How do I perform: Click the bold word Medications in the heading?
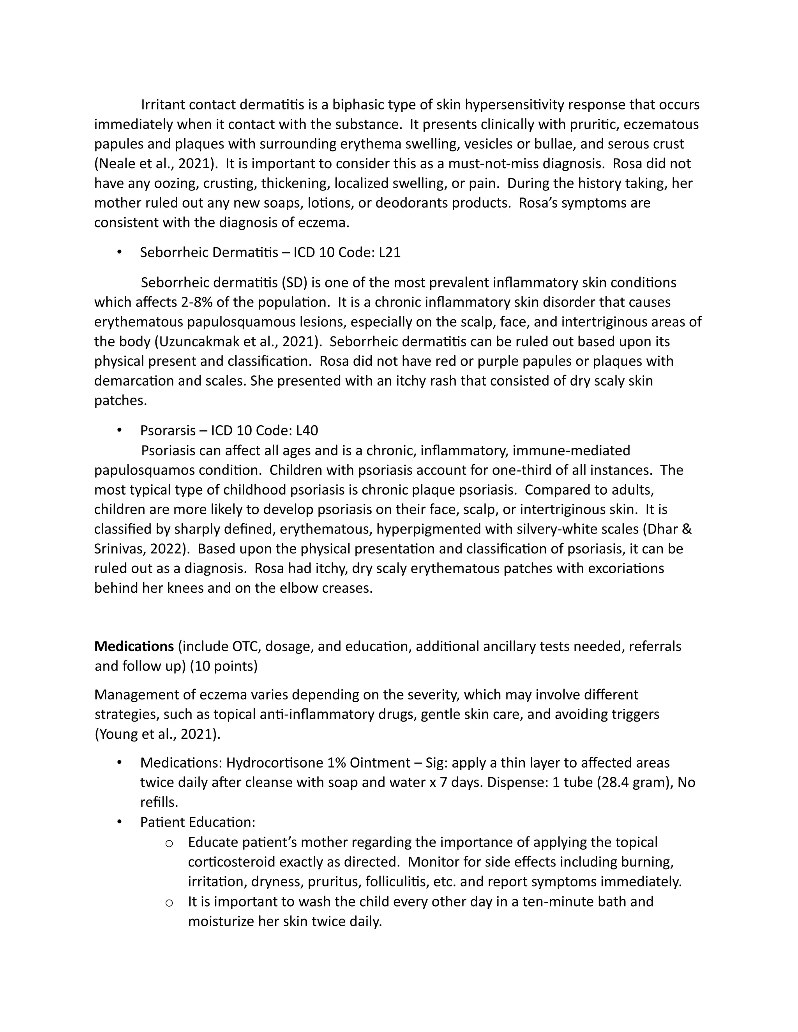pos(134,646)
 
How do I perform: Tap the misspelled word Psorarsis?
pos(168,430)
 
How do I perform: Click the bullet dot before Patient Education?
pos(120,822)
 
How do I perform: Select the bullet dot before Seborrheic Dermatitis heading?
pos(120,252)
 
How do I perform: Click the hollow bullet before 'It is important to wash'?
pos(169,902)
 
